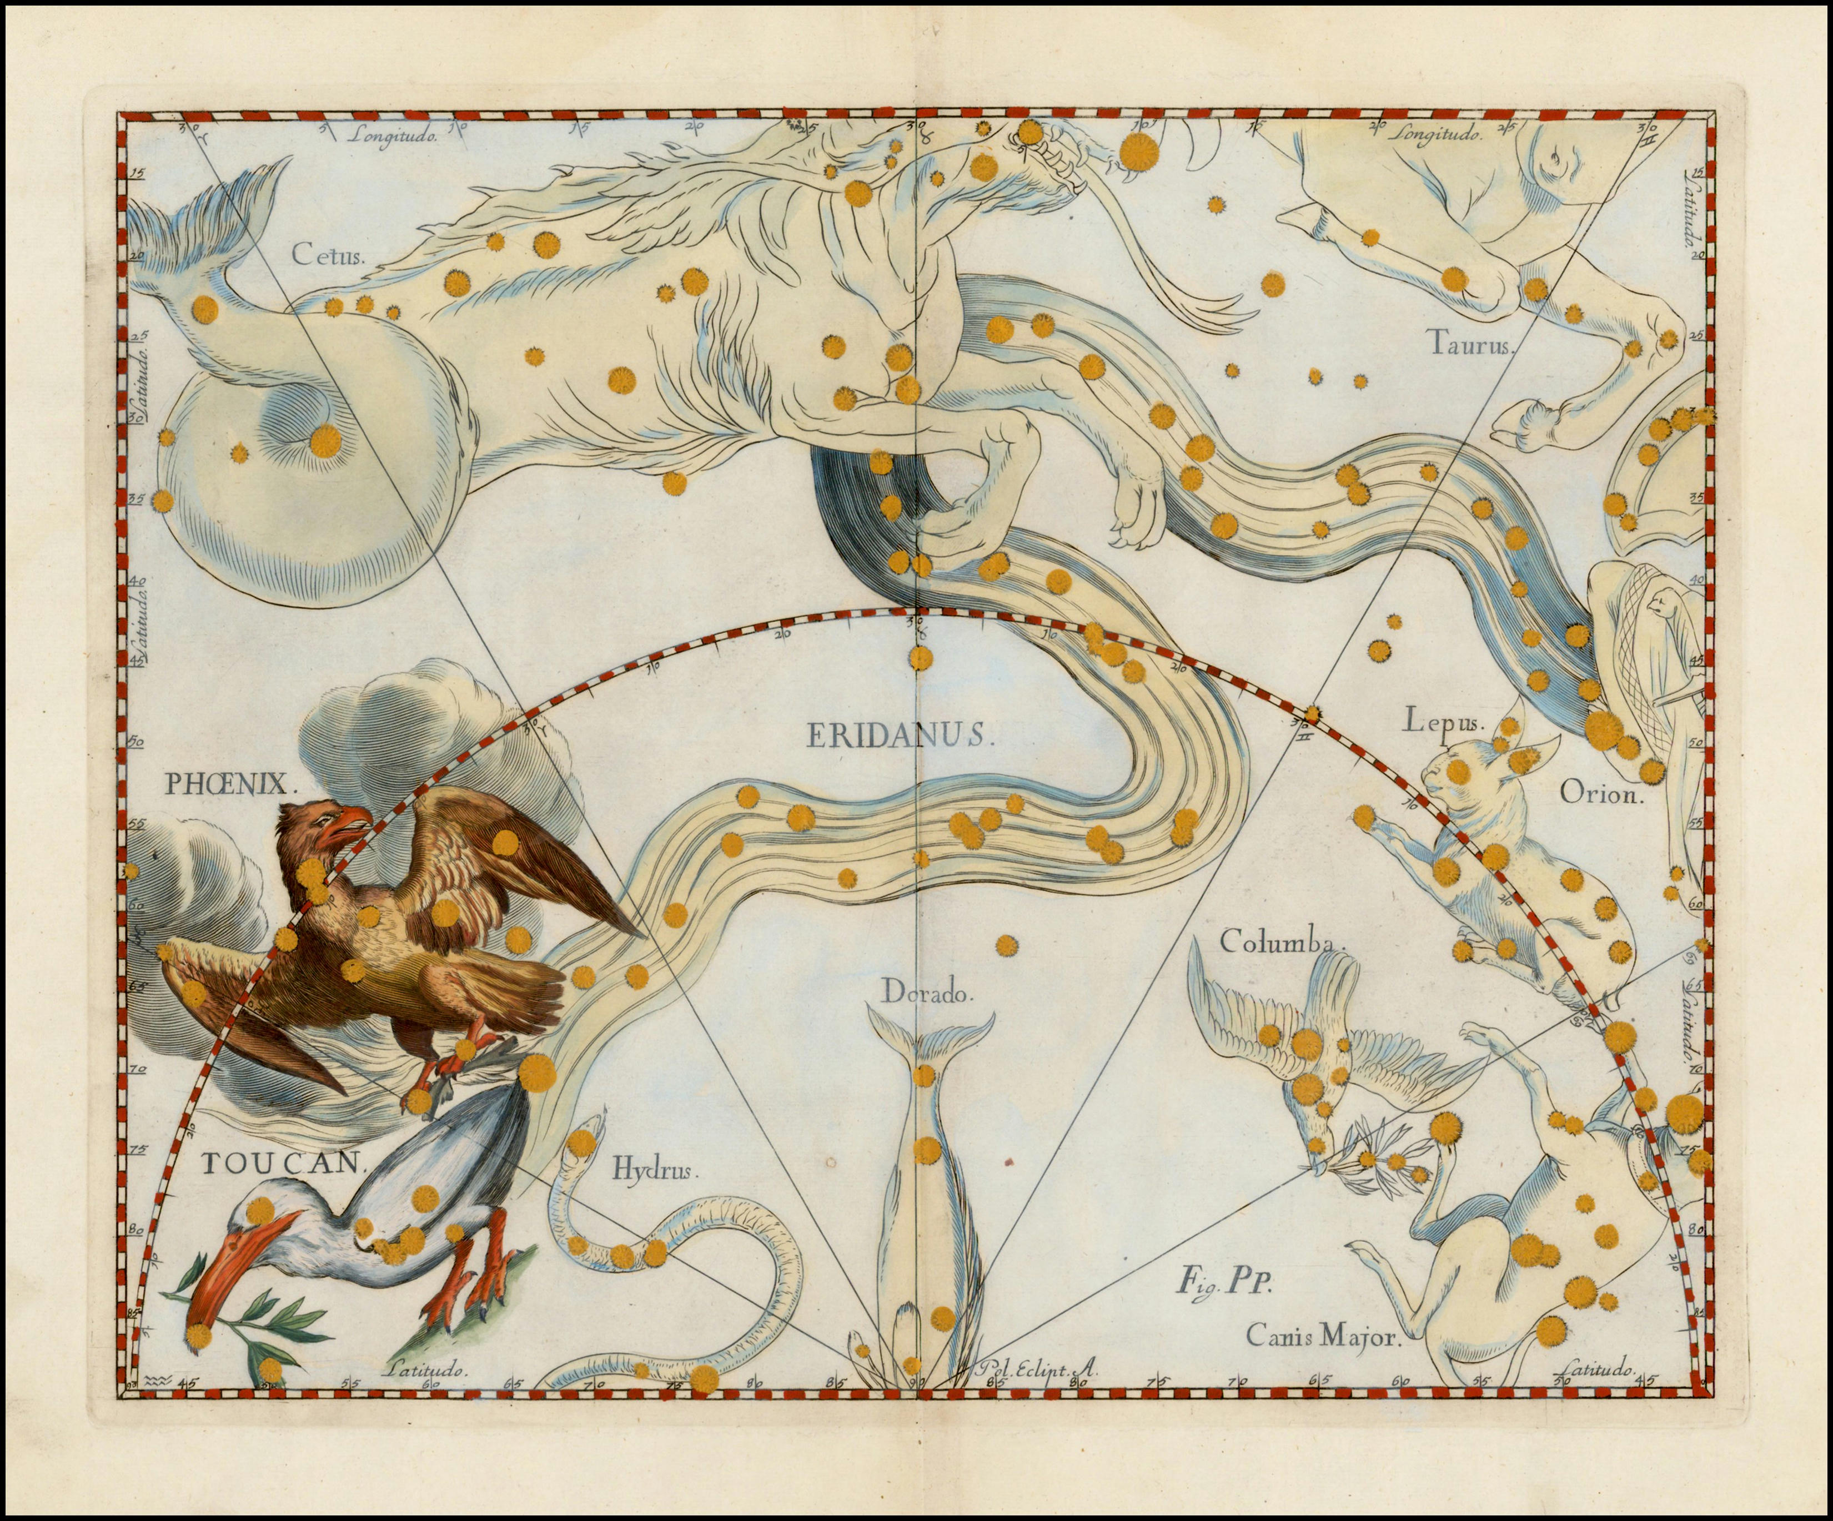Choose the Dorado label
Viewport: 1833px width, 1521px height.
coord(925,992)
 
